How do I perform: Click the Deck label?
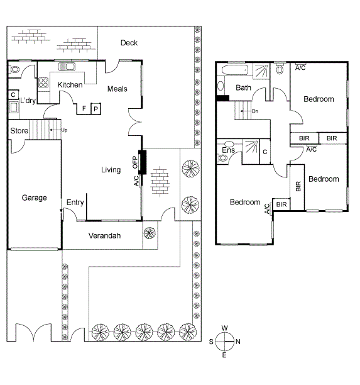click(x=129, y=43)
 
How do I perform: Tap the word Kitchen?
click(x=70, y=85)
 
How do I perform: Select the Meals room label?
click(x=117, y=89)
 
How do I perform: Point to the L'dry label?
click(x=27, y=101)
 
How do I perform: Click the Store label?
click(x=19, y=131)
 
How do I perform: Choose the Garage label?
click(x=35, y=198)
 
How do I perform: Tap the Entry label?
click(x=75, y=202)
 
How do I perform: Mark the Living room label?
click(x=111, y=169)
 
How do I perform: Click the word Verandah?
click(x=104, y=236)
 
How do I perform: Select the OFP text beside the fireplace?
click(x=134, y=162)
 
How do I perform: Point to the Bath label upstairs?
click(x=243, y=87)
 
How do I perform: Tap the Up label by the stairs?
click(x=64, y=130)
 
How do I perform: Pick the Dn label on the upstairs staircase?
click(x=254, y=111)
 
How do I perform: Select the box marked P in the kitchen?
click(x=96, y=108)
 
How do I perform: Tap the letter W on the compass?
click(x=225, y=328)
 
